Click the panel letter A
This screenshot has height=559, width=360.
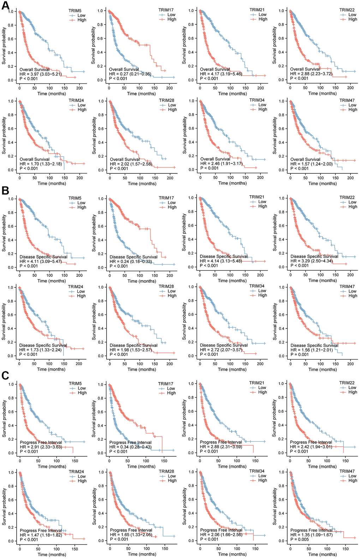[5, 6]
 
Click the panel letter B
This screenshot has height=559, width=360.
[5, 190]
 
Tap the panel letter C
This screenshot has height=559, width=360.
[5, 375]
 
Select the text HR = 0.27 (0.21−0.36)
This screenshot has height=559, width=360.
[130, 74]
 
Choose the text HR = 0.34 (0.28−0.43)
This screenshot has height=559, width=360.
[130, 447]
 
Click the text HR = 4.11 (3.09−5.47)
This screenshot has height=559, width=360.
[41, 262]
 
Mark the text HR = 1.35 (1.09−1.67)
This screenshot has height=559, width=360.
[311, 535]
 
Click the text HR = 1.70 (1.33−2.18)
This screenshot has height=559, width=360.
[41, 164]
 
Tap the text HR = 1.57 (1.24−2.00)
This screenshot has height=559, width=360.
[311, 164]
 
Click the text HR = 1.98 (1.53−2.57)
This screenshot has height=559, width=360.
[131, 350]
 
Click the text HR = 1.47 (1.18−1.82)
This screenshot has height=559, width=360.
[41, 535]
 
